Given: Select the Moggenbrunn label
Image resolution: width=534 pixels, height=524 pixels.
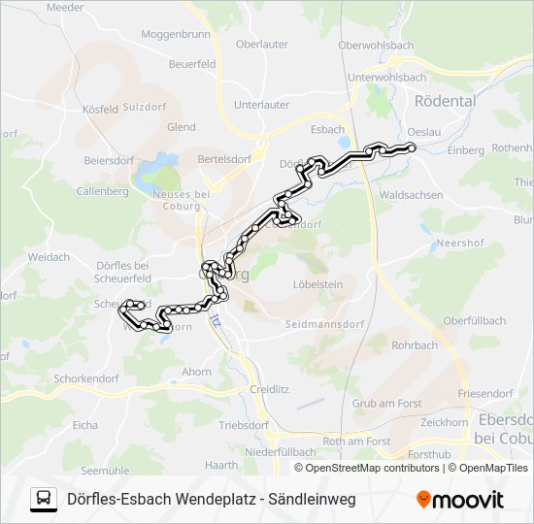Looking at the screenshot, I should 176,33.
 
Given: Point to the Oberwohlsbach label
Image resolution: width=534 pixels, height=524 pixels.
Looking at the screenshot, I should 376,46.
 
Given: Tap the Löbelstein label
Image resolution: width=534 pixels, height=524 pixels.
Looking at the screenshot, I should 318,284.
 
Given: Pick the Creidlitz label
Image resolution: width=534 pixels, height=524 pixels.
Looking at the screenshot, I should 270,388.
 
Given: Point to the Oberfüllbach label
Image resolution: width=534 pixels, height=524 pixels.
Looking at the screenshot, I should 474,320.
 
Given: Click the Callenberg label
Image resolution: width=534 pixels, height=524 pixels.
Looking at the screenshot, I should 102,191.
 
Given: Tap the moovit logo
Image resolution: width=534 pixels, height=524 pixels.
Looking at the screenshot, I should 460,500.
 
